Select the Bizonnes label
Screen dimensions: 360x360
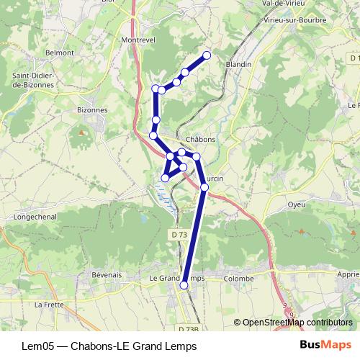(91, 110)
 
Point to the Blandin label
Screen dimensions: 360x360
(238, 64)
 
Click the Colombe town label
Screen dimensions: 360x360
(239, 278)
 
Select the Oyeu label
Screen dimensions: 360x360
(297, 204)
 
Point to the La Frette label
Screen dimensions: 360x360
(49, 305)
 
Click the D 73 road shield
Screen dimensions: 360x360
(179, 235)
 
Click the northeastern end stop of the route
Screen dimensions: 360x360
(207, 55)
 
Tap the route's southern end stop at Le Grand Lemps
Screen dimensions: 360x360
(184, 286)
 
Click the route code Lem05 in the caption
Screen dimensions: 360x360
(37, 345)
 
